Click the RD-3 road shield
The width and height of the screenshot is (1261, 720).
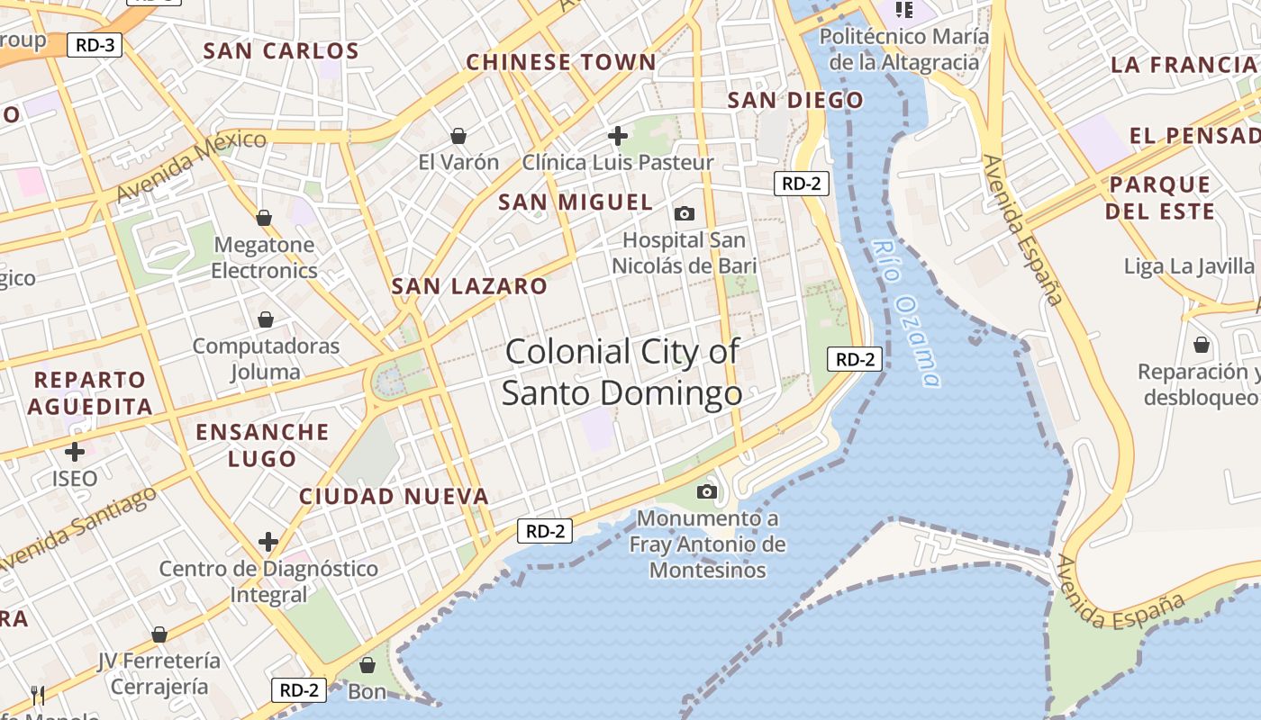[94, 45]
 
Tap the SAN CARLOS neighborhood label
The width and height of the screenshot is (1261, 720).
[281, 50]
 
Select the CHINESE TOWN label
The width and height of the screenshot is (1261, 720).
[561, 62]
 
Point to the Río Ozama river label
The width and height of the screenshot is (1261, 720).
[906, 313]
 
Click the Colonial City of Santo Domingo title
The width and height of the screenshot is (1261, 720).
[622, 372]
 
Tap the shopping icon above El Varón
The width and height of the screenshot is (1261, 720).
[458, 136]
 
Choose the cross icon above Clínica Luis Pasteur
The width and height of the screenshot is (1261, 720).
[618, 136]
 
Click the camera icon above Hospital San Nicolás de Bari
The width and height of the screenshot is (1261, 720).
[685, 213]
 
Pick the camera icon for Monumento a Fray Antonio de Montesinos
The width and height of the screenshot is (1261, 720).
[707, 491]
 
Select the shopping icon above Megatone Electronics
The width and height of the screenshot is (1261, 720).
[264, 218]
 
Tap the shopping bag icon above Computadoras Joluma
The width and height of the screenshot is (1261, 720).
[266, 319]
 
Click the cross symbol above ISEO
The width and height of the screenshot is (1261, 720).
[75, 451]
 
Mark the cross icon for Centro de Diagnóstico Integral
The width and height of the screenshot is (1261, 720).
[268, 542]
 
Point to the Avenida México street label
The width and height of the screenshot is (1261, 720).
[191, 166]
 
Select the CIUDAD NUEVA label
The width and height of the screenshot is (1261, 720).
[394, 496]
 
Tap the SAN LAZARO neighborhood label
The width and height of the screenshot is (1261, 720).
[469, 287]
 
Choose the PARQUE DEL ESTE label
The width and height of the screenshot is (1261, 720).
[1160, 198]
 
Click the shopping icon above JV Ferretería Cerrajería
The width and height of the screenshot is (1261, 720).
[159, 634]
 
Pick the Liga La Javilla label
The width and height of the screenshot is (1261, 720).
[1189, 266]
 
